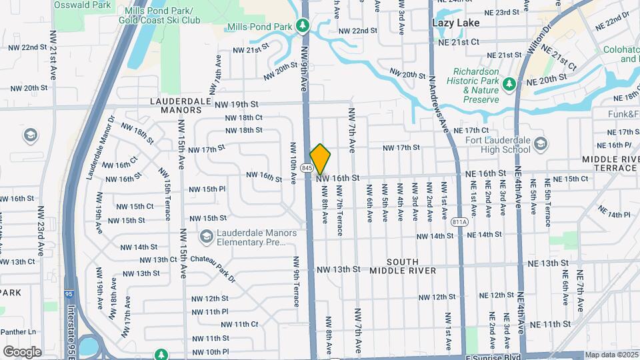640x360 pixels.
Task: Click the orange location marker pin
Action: (320, 159)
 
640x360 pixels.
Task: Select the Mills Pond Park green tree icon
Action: (303, 26)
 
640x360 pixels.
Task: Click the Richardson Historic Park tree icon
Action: (509, 84)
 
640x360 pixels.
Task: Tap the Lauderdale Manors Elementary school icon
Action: (206, 237)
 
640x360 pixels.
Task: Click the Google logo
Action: (22, 351)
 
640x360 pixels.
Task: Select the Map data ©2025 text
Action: (611, 355)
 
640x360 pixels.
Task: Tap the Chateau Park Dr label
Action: (213, 267)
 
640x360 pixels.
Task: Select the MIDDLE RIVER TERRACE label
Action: (611, 164)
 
